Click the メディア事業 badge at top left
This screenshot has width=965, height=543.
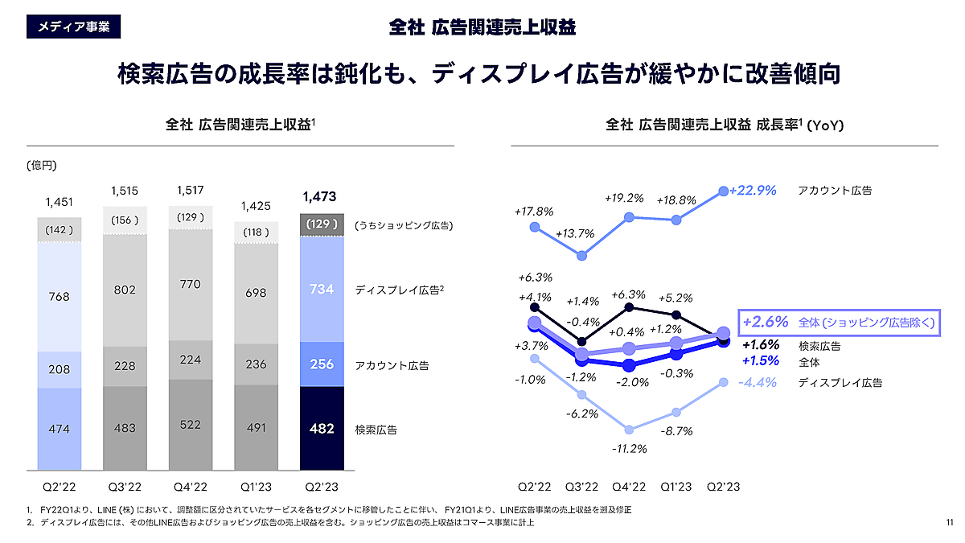pyautogui.click(x=73, y=27)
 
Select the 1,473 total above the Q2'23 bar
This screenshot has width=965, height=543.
pyautogui.click(x=321, y=196)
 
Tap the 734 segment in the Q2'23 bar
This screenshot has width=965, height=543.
pyautogui.click(x=321, y=290)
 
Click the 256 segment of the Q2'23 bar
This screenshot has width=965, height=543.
pyautogui.click(x=321, y=364)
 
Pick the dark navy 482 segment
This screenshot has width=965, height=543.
pyautogui.click(x=321, y=429)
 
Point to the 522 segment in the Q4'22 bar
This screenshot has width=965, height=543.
pyautogui.click(x=191, y=424)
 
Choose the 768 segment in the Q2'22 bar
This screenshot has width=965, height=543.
pyautogui.click(x=59, y=296)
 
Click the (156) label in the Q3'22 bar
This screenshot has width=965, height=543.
pyautogui.click(x=125, y=220)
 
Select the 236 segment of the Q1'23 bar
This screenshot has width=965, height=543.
pyautogui.click(x=256, y=364)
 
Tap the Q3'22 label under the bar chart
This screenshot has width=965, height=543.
pyautogui.click(x=125, y=487)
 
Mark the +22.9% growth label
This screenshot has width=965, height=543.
pyautogui.click(x=753, y=191)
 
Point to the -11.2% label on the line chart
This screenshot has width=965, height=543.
pyautogui.click(x=630, y=448)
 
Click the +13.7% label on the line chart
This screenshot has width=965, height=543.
pyautogui.click(x=576, y=234)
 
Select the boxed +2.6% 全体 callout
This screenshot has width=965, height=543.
pyautogui.click(x=840, y=322)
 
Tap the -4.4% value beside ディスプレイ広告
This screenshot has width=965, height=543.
pyautogui.click(x=758, y=383)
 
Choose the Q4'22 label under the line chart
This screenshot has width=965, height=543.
pyautogui.click(x=629, y=487)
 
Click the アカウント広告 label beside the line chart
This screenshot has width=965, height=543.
pyautogui.click(x=835, y=191)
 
